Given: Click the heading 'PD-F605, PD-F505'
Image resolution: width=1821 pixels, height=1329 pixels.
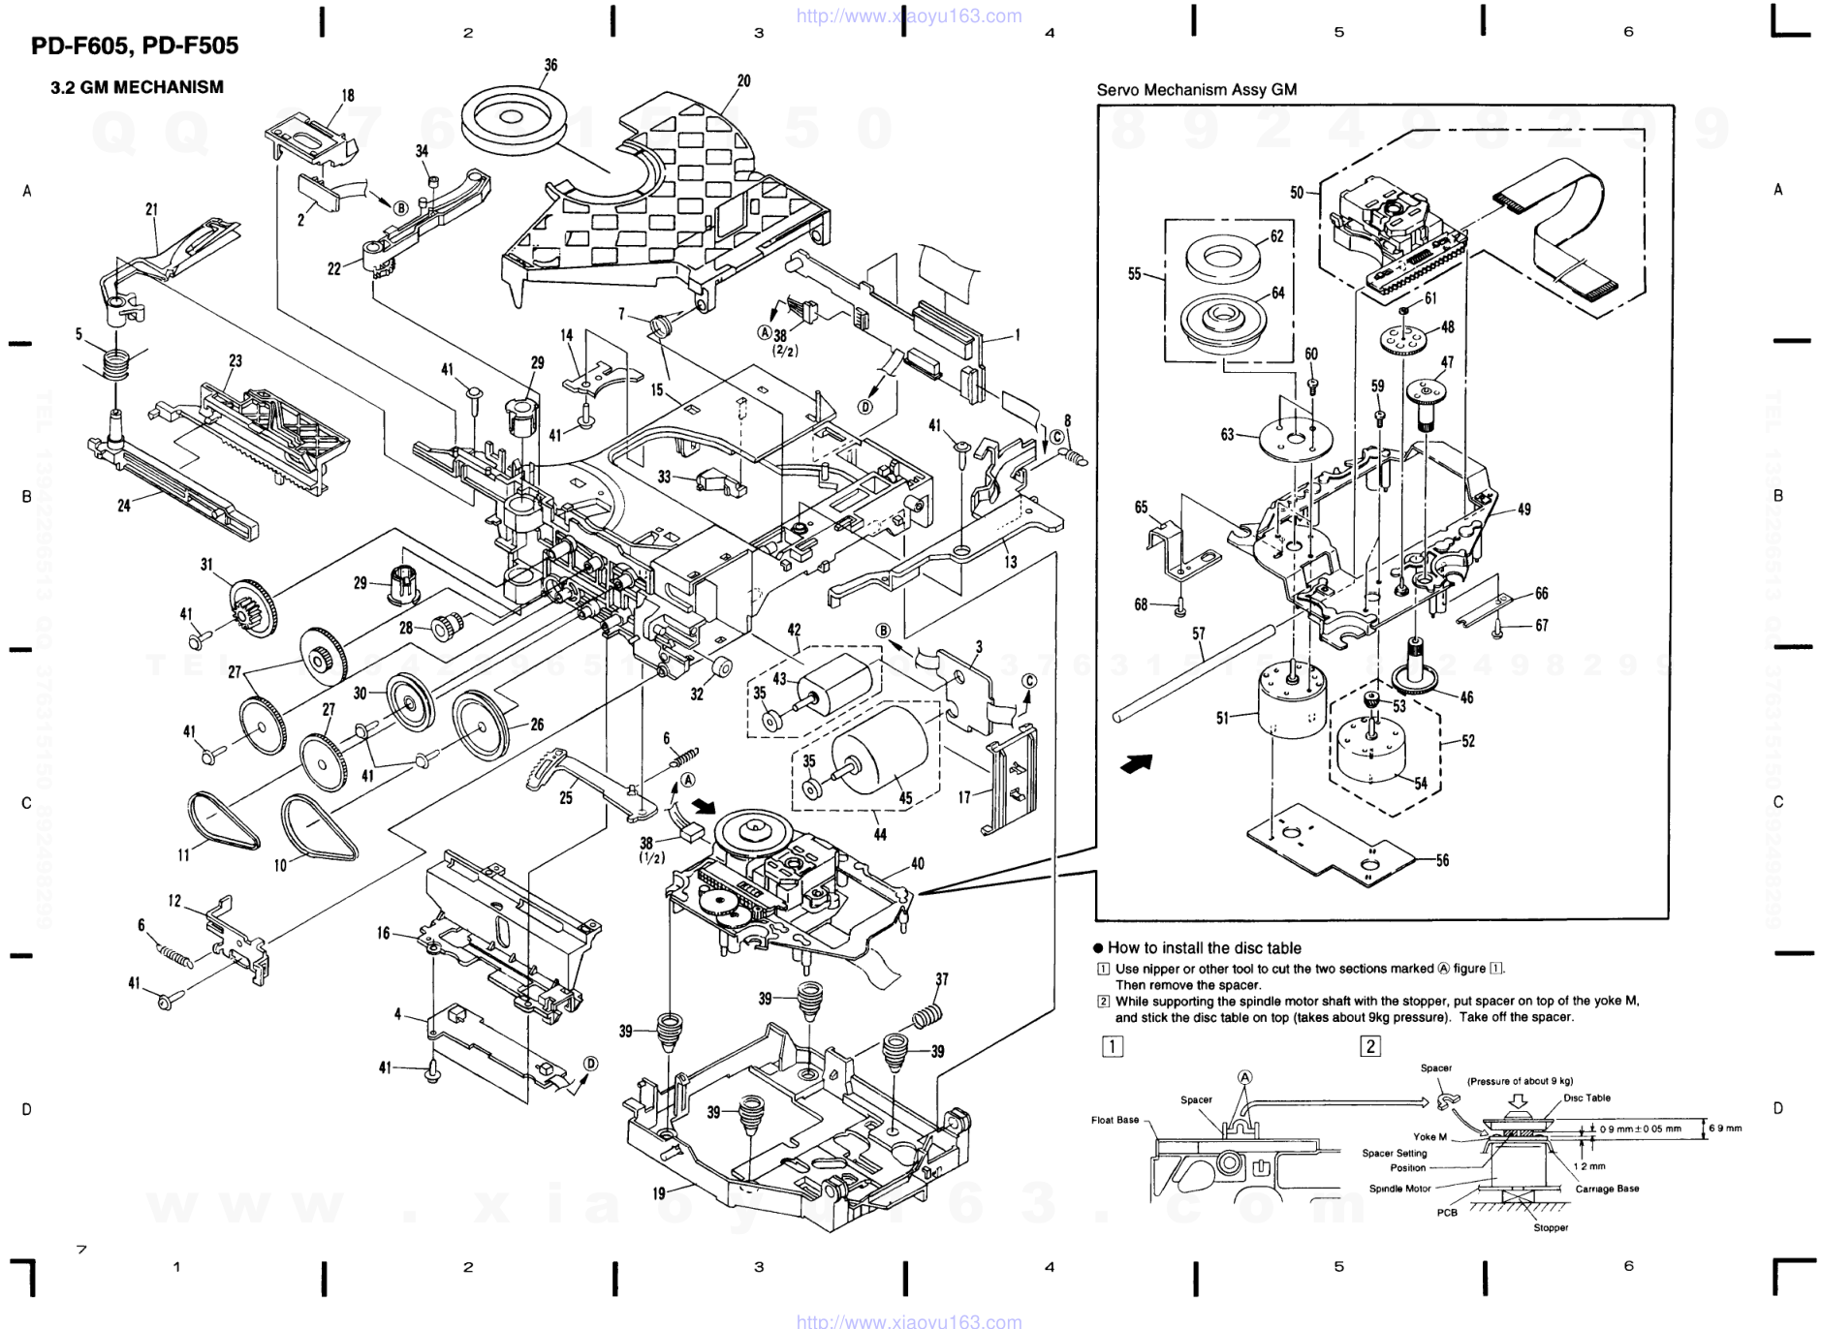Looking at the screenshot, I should click(x=135, y=46).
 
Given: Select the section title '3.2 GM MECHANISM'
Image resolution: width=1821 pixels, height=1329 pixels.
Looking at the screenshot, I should click(x=137, y=87).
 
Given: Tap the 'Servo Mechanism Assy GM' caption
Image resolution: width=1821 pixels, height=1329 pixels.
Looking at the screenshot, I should click(x=1196, y=90).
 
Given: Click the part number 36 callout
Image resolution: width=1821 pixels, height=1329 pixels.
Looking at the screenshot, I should click(x=550, y=66).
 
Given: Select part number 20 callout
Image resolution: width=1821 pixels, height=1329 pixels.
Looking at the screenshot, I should click(x=743, y=81).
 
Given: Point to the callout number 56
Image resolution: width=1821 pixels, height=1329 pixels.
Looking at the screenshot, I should click(x=1442, y=860).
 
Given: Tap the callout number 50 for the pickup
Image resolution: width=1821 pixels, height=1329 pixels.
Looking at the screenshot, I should click(x=1297, y=193).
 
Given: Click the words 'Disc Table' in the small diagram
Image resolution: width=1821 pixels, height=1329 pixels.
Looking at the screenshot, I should click(x=1586, y=1098).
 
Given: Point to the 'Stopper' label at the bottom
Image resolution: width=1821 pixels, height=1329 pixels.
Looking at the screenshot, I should click(x=1551, y=1227).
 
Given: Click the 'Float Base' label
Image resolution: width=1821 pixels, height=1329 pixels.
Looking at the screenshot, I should click(x=1115, y=1120).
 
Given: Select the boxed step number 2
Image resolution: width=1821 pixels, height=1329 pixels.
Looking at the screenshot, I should click(x=1370, y=1046).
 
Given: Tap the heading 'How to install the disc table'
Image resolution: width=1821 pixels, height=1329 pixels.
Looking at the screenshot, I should click(x=1204, y=948).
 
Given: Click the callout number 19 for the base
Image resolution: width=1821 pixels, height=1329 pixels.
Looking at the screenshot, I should click(x=659, y=1193).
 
